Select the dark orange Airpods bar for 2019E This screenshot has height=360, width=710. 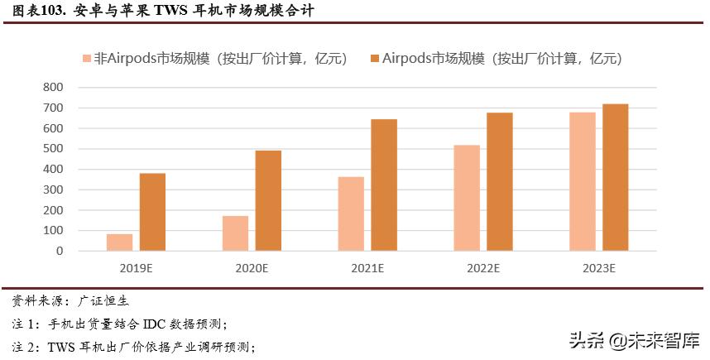(152, 212)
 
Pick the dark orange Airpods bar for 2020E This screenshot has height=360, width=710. (268, 200)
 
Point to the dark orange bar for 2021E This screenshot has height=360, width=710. (384, 185)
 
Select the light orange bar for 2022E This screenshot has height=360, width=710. (467, 198)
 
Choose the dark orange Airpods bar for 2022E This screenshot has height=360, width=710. (500, 181)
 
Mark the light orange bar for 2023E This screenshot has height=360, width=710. (583, 181)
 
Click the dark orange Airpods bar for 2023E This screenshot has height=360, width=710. (616, 177)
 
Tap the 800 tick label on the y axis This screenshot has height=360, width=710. (53, 87)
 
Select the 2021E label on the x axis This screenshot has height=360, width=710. (367, 268)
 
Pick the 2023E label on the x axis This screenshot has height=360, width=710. (598, 268)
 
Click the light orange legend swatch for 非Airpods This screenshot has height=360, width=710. (86, 60)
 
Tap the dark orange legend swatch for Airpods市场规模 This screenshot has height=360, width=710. (375, 60)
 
